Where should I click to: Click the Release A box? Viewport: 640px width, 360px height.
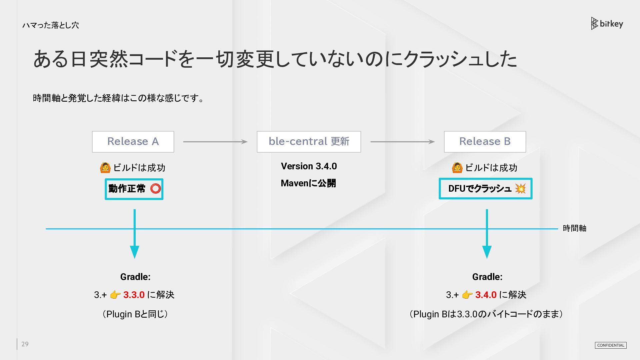tap(133, 142)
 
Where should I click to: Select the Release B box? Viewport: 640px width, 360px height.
tap(485, 142)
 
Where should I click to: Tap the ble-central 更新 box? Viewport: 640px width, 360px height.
tap(309, 142)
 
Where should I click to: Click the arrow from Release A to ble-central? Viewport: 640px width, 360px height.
tap(215, 142)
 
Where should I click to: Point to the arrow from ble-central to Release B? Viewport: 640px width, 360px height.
tap(403, 142)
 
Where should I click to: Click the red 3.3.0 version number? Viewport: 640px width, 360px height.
tap(134, 295)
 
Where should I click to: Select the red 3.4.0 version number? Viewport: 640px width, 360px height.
tap(486, 295)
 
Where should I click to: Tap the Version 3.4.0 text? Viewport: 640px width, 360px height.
tap(309, 166)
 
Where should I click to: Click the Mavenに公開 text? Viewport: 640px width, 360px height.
tap(308, 183)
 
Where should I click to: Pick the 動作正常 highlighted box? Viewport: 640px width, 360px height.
tap(134, 189)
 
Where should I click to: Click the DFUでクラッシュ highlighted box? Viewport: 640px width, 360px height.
tap(485, 189)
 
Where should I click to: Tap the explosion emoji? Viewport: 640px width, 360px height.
tap(520, 189)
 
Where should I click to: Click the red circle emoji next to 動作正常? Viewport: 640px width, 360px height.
tap(155, 189)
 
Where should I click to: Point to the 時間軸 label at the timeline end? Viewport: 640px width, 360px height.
tap(574, 228)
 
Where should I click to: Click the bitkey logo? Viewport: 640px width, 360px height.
tap(607, 24)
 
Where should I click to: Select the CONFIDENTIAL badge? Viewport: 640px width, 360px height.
tap(611, 345)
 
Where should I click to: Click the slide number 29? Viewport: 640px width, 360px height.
tap(25, 344)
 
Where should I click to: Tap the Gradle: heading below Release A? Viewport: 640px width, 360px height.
tap(135, 277)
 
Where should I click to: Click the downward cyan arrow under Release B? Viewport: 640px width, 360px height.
tap(487, 234)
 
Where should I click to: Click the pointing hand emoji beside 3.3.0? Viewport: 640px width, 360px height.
tap(115, 295)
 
